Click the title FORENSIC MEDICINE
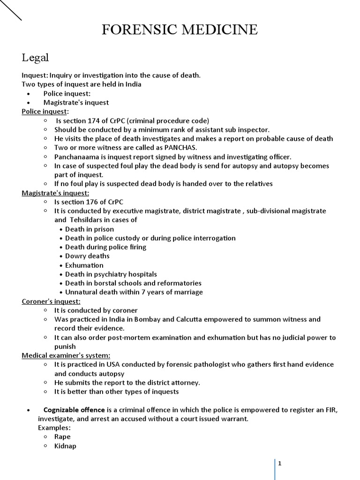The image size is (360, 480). pos(180,30)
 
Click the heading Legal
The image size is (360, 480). pos(35,58)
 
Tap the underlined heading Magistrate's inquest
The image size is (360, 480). pos(55,193)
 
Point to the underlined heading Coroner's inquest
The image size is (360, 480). pos(51,301)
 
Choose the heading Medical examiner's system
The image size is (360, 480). pos(66,355)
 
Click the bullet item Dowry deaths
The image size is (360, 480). pos(87,256)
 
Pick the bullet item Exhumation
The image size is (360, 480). pos(84,265)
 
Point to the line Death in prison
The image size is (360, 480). pos(90,229)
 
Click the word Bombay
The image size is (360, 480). pos(148,319)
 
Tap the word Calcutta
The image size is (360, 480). pos(184,319)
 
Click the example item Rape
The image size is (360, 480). pos(62,437)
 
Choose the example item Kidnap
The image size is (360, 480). pos(65,446)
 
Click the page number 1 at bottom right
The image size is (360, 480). pos(280,464)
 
